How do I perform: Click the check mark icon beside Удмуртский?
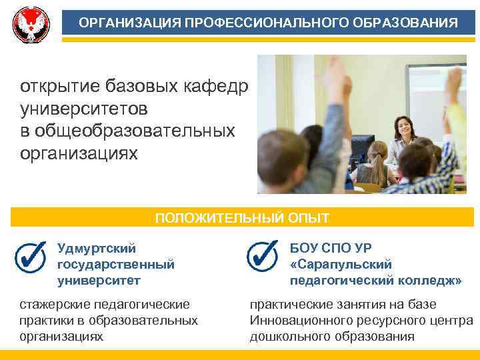pyautogui.click(x=30, y=257)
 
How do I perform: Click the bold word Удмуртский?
pyautogui.click(x=97, y=249)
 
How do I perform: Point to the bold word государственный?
pyautogui.click(x=116, y=265)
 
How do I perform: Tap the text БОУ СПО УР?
pyautogui.click(x=326, y=249)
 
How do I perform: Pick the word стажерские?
pyautogui.click(x=53, y=305)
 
